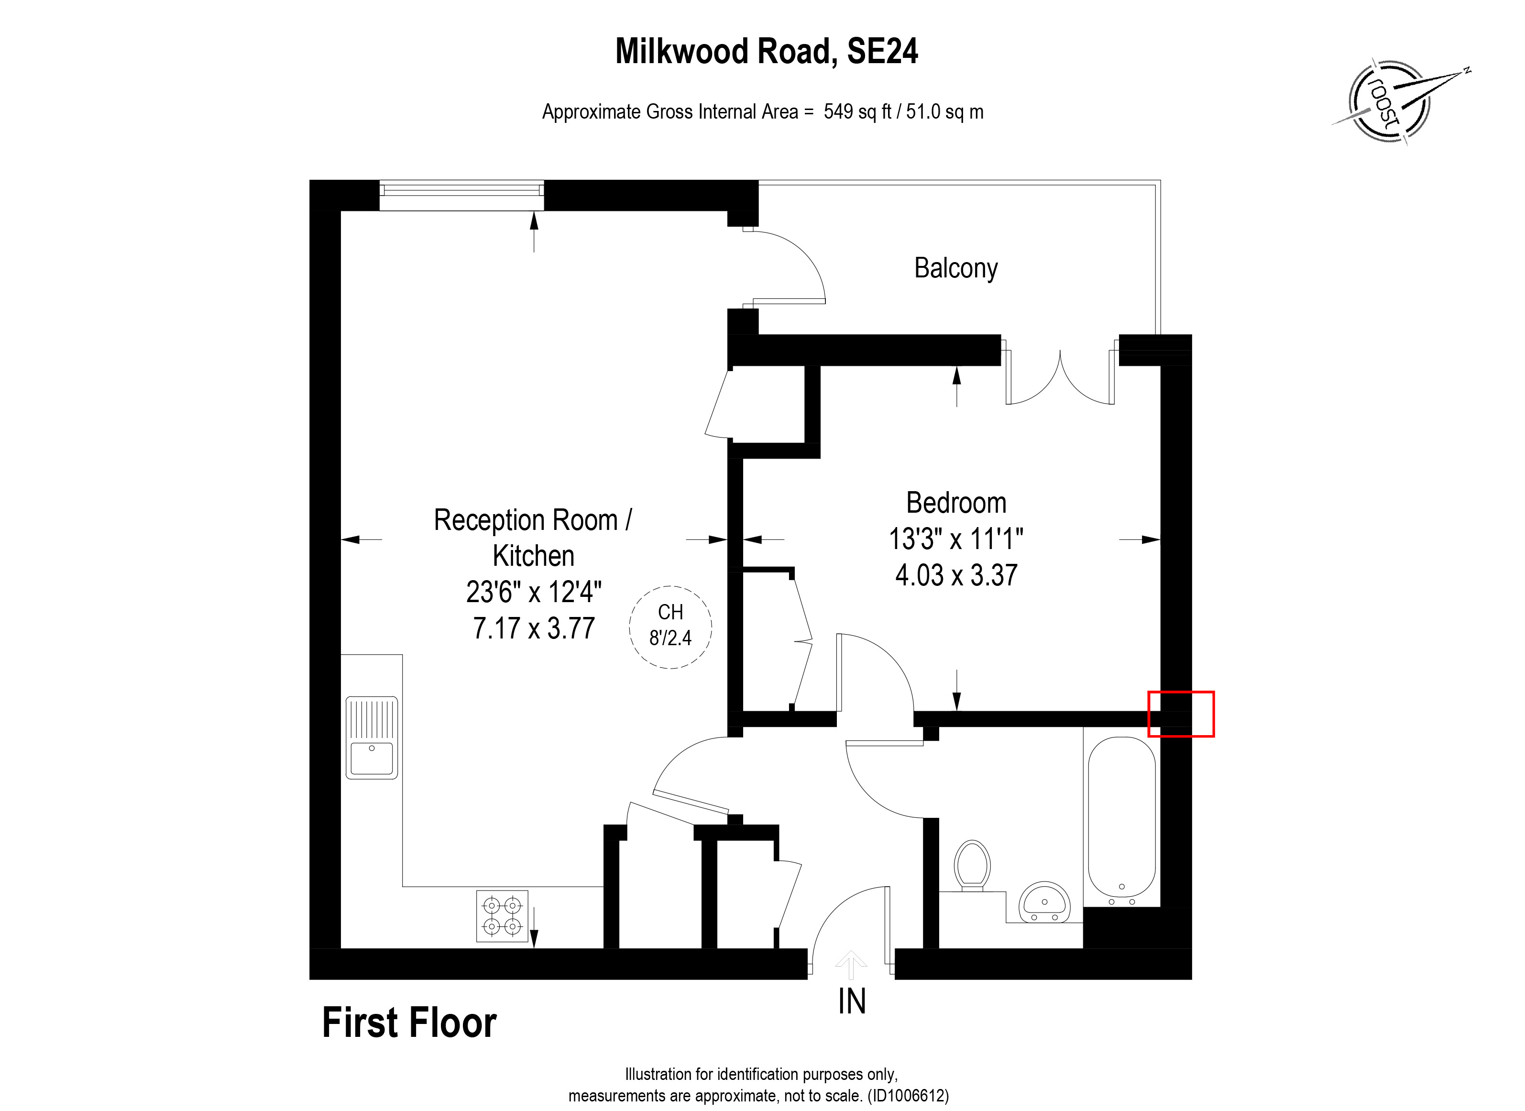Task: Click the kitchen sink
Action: point(371,738)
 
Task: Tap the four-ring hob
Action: point(502,916)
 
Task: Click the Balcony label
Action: point(955,268)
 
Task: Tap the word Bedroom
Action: point(955,503)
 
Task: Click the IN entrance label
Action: point(851,1002)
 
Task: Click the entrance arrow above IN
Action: point(851,964)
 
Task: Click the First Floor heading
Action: point(409,1023)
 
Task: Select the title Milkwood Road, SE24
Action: point(766,51)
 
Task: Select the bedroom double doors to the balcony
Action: point(1060,376)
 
